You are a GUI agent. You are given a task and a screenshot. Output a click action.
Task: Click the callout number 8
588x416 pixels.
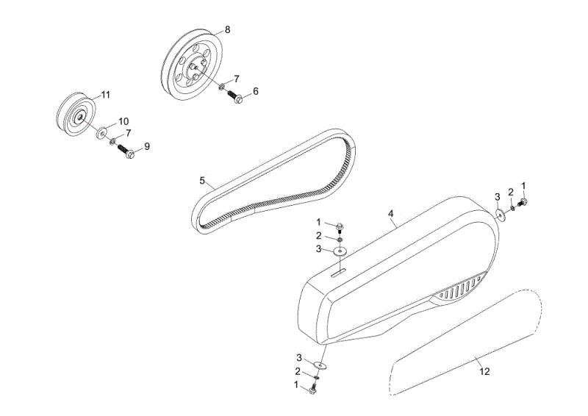tap(227, 30)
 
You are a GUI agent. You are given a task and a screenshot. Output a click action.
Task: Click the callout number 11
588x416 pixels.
tap(106, 95)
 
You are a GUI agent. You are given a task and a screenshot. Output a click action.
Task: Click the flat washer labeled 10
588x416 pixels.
tap(102, 132)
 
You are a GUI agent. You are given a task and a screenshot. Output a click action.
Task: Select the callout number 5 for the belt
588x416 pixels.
tap(202, 181)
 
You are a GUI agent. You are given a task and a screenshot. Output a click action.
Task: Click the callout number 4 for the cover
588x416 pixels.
tap(391, 214)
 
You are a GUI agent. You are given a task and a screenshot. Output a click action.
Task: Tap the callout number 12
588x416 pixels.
tap(485, 371)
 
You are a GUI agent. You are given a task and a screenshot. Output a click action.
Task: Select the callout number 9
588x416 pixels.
tap(147, 147)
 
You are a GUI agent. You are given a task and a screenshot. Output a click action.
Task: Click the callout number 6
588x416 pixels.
tap(256, 91)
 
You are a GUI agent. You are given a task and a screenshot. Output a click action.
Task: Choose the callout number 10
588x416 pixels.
tap(123, 121)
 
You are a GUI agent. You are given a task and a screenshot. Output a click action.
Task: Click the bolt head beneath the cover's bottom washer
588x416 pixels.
tap(313, 390)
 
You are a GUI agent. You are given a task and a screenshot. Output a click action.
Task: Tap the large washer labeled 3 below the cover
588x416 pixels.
tap(320, 365)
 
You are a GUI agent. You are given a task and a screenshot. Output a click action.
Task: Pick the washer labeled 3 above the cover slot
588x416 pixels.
tap(340, 251)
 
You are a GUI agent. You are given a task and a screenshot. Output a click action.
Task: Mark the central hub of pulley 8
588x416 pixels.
tap(196, 67)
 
